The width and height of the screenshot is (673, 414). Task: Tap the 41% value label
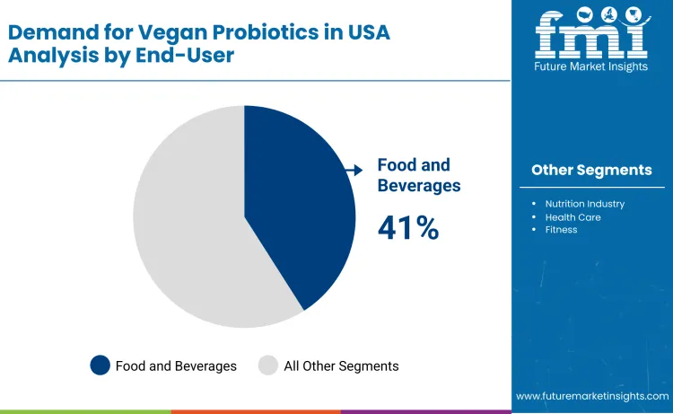(x=408, y=228)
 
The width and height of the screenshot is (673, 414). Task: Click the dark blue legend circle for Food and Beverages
(x=100, y=366)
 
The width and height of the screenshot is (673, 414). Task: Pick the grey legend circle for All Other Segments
(x=268, y=366)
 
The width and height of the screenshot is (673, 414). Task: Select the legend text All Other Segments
(x=341, y=366)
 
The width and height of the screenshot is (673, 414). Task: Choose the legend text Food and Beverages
(x=176, y=366)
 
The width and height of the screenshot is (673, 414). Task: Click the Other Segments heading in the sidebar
(x=591, y=170)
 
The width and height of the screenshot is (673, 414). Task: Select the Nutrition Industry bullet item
(x=584, y=204)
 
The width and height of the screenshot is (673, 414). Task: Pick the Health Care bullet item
(x=572, y=217)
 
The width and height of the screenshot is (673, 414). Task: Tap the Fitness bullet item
(x=561, y=230)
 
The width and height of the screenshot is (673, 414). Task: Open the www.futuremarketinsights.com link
(x=592, y=395)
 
